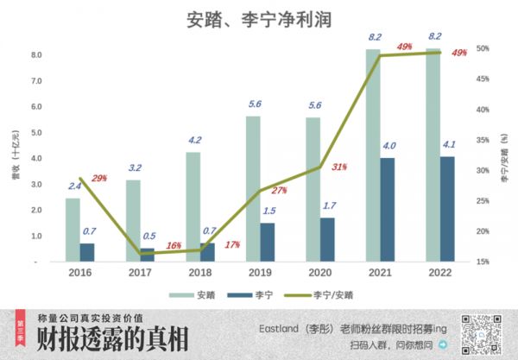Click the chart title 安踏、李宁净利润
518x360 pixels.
click(259, 19)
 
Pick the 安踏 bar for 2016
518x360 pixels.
click(73, 229)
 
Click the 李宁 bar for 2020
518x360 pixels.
click(328, 238)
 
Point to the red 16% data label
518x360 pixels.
click(173, 245)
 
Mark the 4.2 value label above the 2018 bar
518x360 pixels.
click(194, 140)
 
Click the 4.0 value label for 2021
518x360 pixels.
click(389, 145)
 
